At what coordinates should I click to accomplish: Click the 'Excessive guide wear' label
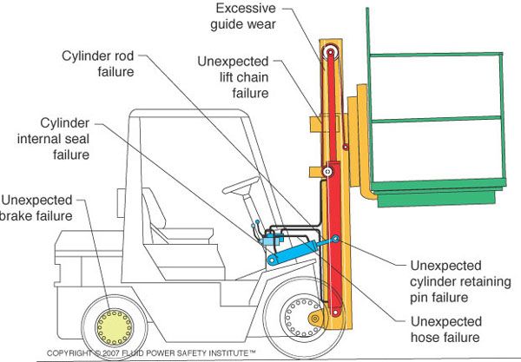[x=243, y=16]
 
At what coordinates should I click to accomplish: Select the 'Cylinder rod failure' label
[x=98, y=63]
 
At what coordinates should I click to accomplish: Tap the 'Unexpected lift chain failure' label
[x=234, y=77]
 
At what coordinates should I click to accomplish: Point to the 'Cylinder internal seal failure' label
[x=54, y=139]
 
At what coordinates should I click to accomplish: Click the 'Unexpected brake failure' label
[x=36, y=207]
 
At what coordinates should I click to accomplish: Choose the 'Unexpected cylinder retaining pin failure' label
[x=460, y=281]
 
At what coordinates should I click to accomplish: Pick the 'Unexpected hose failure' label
[x=446, y=329]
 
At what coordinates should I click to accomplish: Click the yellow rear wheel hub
[x=114, y=327]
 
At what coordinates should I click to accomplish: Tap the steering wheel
[x=241, y=186]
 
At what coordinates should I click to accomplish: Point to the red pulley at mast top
[x=330, y=52]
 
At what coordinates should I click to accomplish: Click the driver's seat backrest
[x=154, y=207]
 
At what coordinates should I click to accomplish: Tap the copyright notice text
[x=151, y=353]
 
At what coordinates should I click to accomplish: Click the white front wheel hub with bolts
[x=301, y=318]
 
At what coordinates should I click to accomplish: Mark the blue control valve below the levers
[x=271, y=240]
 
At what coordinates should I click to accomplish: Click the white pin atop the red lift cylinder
[x=327, y=172]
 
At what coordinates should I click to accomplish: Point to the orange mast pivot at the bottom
[x=315, y=319]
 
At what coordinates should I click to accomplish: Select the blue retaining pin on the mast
[x=336, y=239]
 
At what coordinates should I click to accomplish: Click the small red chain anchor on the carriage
[x=346, y=147]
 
